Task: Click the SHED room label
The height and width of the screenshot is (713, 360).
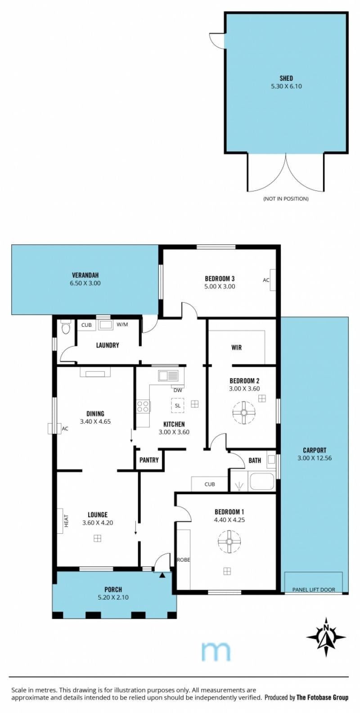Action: point(282,77)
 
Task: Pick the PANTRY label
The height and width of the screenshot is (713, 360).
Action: point(147,454)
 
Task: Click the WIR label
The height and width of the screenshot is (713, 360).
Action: point(233,343)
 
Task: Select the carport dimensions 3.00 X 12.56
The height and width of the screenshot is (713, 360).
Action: point(310,452)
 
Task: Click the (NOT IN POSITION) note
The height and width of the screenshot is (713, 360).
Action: point(282,196)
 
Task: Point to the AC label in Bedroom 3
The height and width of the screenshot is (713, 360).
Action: point(263,276)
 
